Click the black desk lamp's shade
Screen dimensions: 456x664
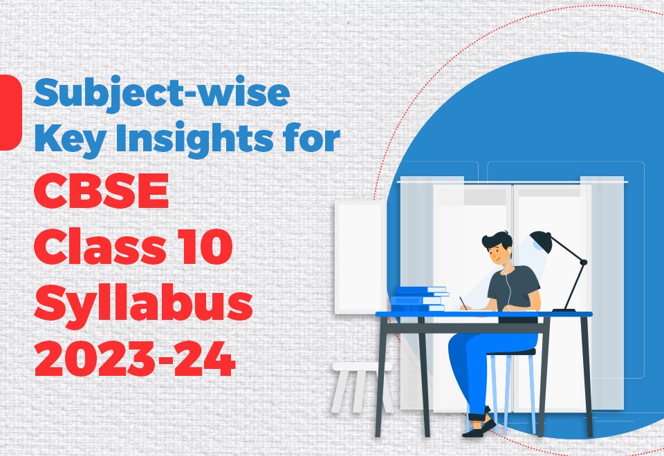click(541, 241)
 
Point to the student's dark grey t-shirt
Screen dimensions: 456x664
click(515, 287)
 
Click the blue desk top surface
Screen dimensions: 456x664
click(484, 314)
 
